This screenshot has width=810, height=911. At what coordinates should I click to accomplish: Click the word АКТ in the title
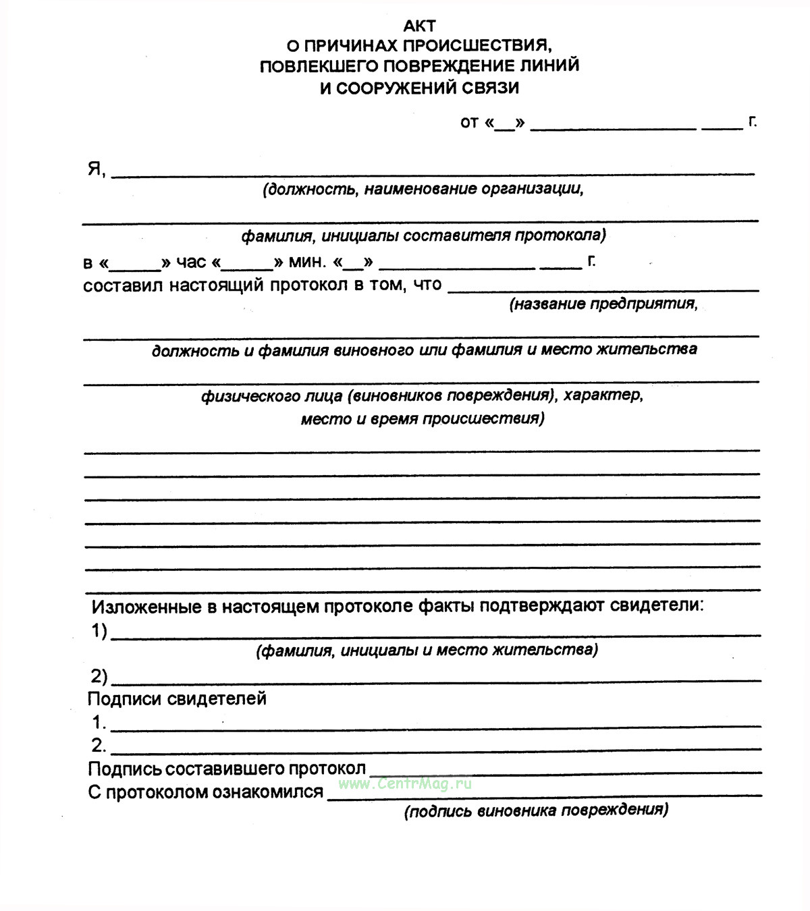pyautogui.click(x=419, y=26)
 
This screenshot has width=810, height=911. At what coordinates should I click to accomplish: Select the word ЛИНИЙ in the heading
pyautogui.click(x=547, y=66)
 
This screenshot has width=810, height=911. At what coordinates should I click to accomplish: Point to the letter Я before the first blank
pyautogui.click(x=94, y=169)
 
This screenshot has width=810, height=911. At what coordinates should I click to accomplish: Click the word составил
pyautogui.click(x=122, y=285)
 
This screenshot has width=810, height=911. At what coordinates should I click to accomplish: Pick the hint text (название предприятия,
pyautogui.click(x=603, y=304)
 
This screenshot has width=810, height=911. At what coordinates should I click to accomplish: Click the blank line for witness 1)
pyautogui.click(x=435, y=634)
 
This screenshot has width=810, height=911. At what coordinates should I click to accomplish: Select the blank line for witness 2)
pyautogui.click(x=435, y=678)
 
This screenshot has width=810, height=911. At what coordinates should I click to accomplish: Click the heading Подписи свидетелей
pyautogui.click(x=177, y=698)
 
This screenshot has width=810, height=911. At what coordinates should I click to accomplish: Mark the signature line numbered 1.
pyautogui.click(x=435, y=725)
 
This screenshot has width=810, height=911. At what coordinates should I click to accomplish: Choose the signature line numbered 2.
pyautogui.click(x=435, y=748)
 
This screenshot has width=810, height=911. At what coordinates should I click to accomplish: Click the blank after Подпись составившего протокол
pyautogui.click(x=566, y=771)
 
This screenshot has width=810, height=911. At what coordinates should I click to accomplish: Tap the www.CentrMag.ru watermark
pyautogui.click(x=405, y=783)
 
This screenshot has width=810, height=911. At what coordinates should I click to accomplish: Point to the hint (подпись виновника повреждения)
pyautogui.click(x=536, y=810)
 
